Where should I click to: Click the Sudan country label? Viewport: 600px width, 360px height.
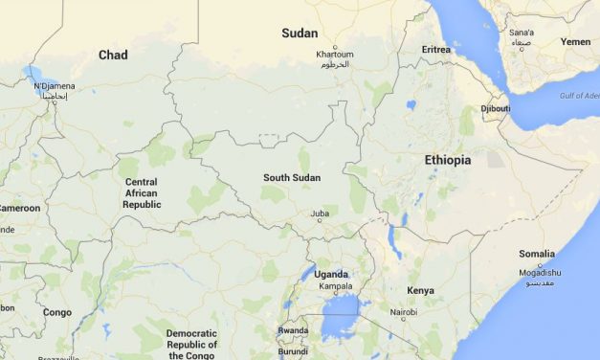coord(300,34)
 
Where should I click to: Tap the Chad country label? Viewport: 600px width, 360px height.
coord(113,56)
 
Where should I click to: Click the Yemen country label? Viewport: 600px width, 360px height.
coord(575,42)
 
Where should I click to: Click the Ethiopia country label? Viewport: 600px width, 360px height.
coord(447,160)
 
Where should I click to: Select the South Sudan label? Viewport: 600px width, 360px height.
coord(292,178)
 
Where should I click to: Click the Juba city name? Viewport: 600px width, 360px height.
coord(320,214)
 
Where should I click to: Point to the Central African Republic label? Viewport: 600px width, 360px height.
coord(142,193)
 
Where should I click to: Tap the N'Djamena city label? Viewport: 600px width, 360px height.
coord(53,87)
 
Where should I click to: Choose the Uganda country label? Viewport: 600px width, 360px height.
coord(332,275)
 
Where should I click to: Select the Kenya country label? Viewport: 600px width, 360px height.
coord(420,290)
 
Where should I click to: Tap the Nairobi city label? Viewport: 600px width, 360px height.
coord(404,312)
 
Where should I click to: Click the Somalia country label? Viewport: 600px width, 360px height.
coord(536,253)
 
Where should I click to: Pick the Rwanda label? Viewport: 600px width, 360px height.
coord(293,330)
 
